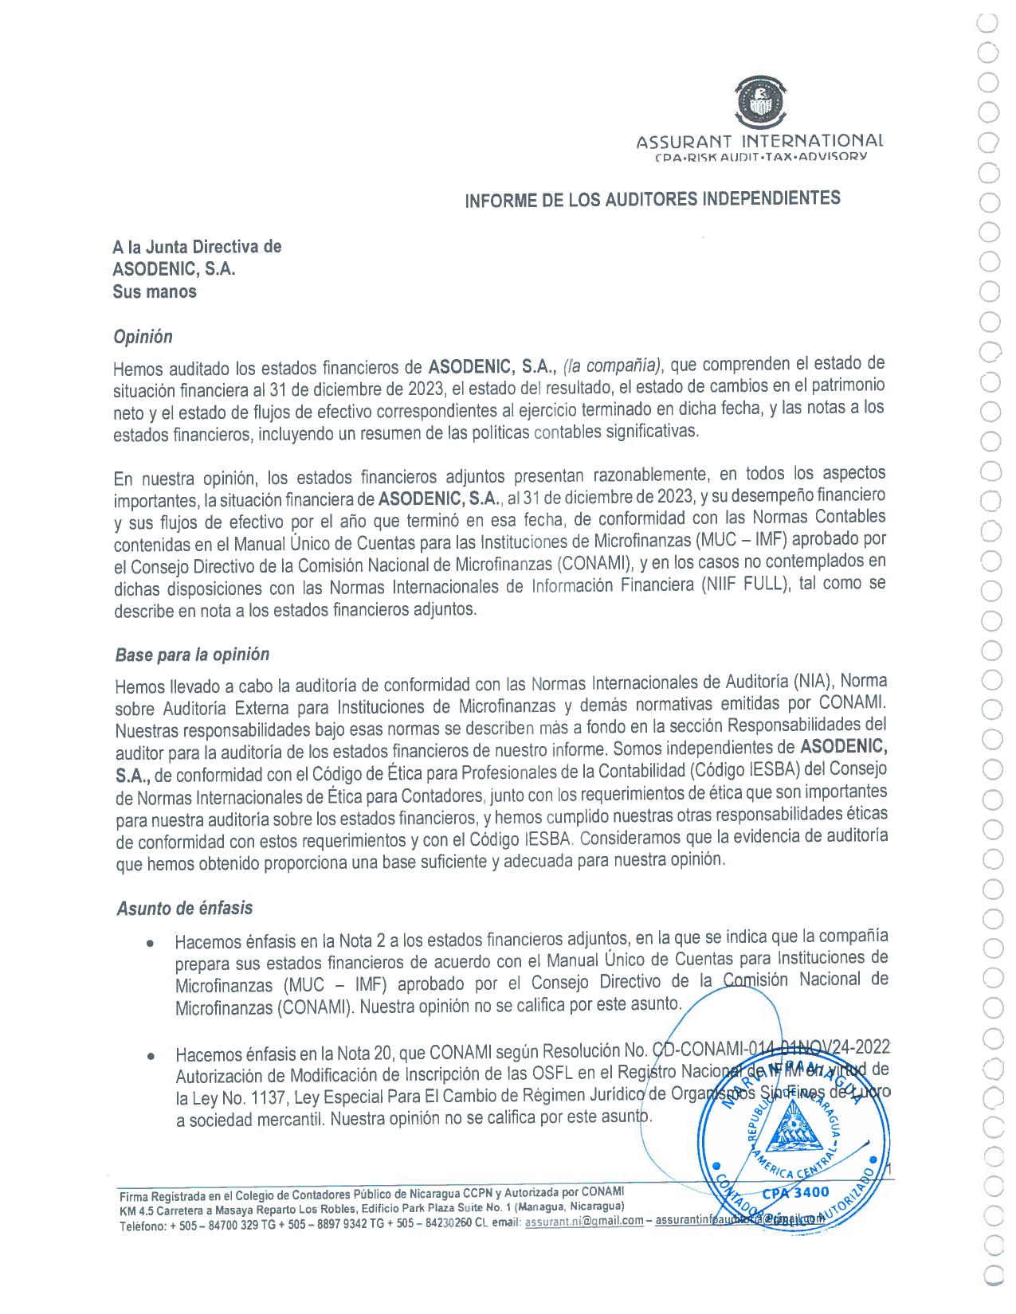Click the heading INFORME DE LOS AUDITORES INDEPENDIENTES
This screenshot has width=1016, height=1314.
(653, 199)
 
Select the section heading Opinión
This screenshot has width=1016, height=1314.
(143, 337)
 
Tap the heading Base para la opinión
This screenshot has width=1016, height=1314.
(192, 655)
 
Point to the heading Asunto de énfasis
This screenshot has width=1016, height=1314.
(185, 909)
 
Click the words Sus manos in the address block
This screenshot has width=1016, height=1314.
(155, 291)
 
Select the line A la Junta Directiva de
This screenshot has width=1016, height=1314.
(197, 247)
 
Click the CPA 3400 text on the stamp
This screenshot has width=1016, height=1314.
(795, 1192)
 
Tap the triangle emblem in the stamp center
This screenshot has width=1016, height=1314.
(792, 1131)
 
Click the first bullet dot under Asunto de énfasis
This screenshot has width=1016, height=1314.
(150, 944)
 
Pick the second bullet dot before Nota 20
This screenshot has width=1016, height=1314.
(150, 1057)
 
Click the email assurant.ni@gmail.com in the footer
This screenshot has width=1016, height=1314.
(584, 1221)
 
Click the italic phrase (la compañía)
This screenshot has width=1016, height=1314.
(612, 366)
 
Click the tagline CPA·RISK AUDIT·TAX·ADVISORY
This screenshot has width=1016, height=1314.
(760, 157)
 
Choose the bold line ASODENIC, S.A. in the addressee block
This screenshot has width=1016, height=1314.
(174, 269)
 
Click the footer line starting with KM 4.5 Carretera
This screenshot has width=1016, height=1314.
(372, 1208)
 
